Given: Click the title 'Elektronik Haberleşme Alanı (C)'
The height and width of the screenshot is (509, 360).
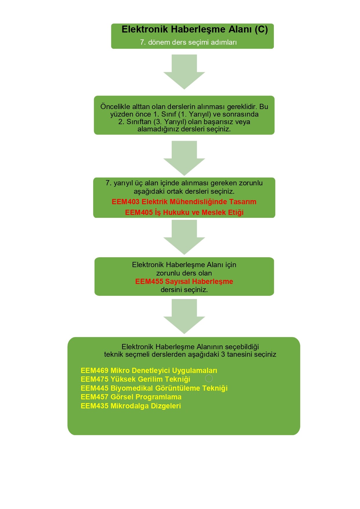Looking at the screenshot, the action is [x=195, y=30].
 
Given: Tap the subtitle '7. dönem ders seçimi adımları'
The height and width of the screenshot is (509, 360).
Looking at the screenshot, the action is [x=188, y=42].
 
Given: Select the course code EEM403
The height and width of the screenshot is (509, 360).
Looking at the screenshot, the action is [x=125, y=202].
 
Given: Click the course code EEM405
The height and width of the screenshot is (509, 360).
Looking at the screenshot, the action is [x=139, y=213].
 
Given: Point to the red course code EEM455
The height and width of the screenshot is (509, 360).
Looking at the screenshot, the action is [x=149, y=282].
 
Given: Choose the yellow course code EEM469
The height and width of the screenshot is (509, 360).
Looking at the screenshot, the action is [x=95, y=371].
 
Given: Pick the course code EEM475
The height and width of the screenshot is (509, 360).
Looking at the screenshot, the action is [x=95, y=379].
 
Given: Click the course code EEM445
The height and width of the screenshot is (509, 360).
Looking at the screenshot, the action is [x=95, y=388].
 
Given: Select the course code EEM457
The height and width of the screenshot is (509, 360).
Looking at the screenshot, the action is [x=95, y=397].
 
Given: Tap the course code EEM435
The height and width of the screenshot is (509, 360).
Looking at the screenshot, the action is [x=95, y=406].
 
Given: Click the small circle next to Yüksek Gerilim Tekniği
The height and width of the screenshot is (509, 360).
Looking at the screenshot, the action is [x=209, y=378].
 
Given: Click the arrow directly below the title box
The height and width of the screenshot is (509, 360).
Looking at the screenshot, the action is [x=184, y=72].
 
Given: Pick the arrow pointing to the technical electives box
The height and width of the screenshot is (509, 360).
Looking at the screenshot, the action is [x=184, y=316].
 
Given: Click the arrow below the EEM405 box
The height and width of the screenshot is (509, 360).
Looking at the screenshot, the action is [x=184, y=237].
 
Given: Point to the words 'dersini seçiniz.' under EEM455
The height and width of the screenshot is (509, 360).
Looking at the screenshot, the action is [x=184, y=290].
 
